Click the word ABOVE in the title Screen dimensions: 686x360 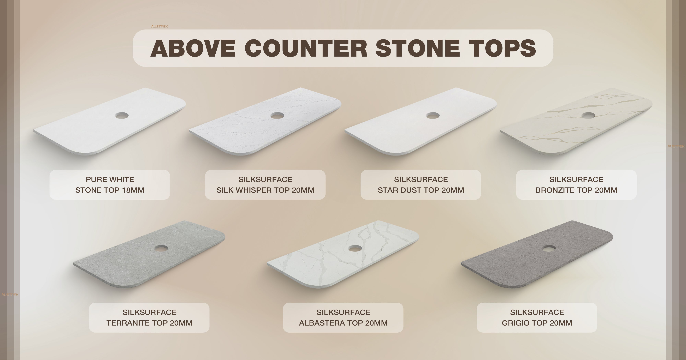(x=193, y=48)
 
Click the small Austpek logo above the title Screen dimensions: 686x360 (x=159, y=26)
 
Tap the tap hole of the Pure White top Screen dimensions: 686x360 (x=122, y=115)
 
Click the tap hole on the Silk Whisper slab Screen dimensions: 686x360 (x=277, y=115)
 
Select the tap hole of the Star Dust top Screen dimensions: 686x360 (x=433, y=115)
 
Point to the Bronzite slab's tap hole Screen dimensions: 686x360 (x=588, y=115)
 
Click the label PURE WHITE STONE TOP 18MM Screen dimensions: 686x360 (x=110, y=185)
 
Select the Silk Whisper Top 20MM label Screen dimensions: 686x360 (x=265, y=185)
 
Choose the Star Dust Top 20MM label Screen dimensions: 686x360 (x=421, y=185)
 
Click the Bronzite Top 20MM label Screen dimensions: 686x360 (x=576, y=185)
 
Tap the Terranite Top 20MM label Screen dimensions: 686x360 (x=149, y=318)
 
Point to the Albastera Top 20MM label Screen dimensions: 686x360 (x=343, y=318)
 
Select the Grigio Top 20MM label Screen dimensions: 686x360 (x=537, y=318)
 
